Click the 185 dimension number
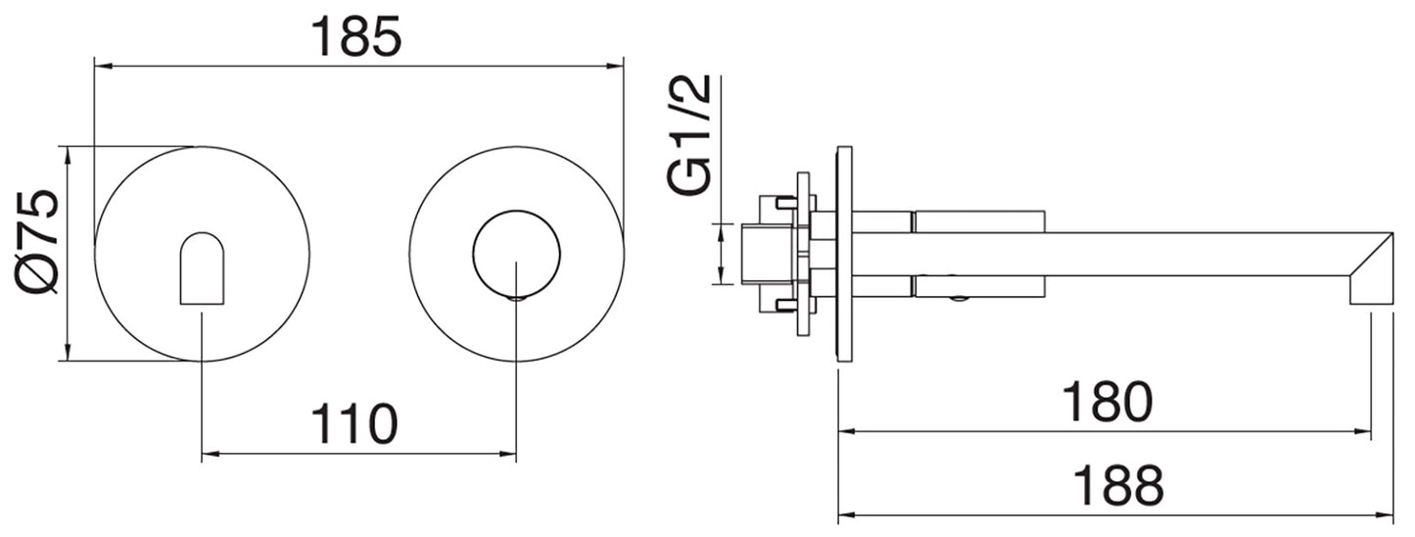tap(355, 36)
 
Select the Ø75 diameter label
tap(40, 241)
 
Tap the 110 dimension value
tap(354, 424)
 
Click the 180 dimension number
tap(1108, 402)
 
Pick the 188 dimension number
tap(1117, 484)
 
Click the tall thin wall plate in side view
tap(844, 254)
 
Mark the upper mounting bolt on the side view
tap(785, 203)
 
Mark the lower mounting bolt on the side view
tap(785, 304)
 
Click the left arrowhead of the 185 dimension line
tap(100, 67)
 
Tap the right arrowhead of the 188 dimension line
tap(1388, 513)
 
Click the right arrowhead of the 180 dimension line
tap(1363, 430)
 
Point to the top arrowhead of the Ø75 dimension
tap(67, 153)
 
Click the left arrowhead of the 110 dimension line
tap(209, 454)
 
